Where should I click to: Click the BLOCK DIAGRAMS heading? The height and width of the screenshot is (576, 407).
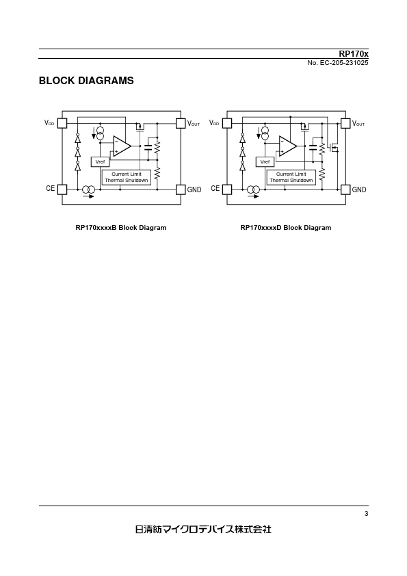click(x=86, y=81)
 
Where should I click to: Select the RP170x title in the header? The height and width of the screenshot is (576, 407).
click(x=354, y=54)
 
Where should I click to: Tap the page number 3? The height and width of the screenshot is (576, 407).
click(x=366, y=514)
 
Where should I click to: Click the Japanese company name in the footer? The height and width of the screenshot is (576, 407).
click(x=204, y=529)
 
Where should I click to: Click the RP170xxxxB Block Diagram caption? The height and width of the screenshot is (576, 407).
click(x=121, y=228)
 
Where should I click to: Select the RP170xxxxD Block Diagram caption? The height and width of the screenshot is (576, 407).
click(x=286, y=228)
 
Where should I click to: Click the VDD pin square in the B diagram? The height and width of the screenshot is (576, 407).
click(x=62, y=123)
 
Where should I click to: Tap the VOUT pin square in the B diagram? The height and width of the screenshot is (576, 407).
click(x=181, y=123)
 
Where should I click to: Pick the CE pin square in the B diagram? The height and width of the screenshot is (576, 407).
click(x=62, y=189)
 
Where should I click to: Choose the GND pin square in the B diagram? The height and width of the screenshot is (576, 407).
click(x=181, y=189)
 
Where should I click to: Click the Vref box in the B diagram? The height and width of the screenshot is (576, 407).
click(x=100, y=161)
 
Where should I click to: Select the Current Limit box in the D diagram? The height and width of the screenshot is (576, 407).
click(x=291, y=177)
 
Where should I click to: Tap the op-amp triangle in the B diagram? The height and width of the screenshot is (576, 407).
click(x=122, y=146)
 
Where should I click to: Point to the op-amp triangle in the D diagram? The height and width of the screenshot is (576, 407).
click(x=287, y=146)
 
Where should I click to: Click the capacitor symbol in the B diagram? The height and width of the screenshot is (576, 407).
click(x=148, y=148)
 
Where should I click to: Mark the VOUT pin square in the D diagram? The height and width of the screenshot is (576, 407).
click(x=345, y=123)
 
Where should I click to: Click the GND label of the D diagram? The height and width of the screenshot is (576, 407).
click(x=359, y=190)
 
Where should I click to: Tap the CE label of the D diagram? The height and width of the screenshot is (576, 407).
click(x=215, y=188)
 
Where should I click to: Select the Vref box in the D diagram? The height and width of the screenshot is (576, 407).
click(x=265, y=161)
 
